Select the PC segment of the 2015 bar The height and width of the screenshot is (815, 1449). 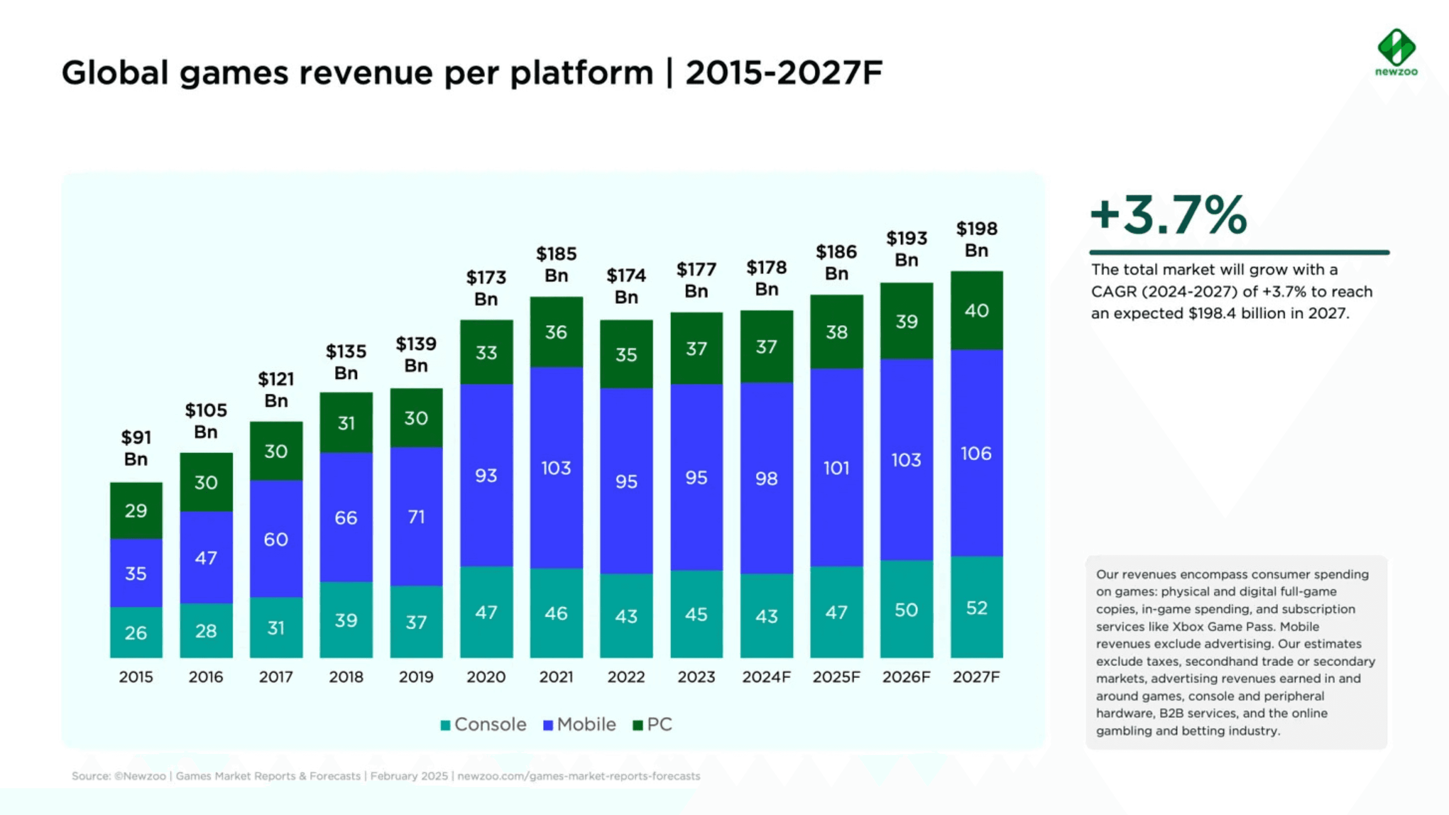point(136,510)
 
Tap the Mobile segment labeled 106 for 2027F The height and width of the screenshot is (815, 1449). point(977,453)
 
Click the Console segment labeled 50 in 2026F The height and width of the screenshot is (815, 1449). point(906,609)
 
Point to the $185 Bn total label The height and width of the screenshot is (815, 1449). point(556,264)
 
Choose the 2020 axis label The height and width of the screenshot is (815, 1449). point(486,677)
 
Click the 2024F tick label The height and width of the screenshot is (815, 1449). point(766,677)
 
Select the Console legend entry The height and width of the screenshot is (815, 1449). point(484,724)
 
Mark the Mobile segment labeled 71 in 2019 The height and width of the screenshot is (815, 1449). point(416,516)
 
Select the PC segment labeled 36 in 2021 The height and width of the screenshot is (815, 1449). point(556,332)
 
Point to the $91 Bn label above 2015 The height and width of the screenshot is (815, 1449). point(136,448)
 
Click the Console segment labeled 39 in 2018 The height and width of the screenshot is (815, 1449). point(346,620)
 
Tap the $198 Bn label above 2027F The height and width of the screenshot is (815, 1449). point(977,239)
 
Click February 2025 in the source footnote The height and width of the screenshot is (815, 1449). point(409,776)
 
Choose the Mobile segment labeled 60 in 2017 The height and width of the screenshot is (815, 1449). point(276,539)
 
